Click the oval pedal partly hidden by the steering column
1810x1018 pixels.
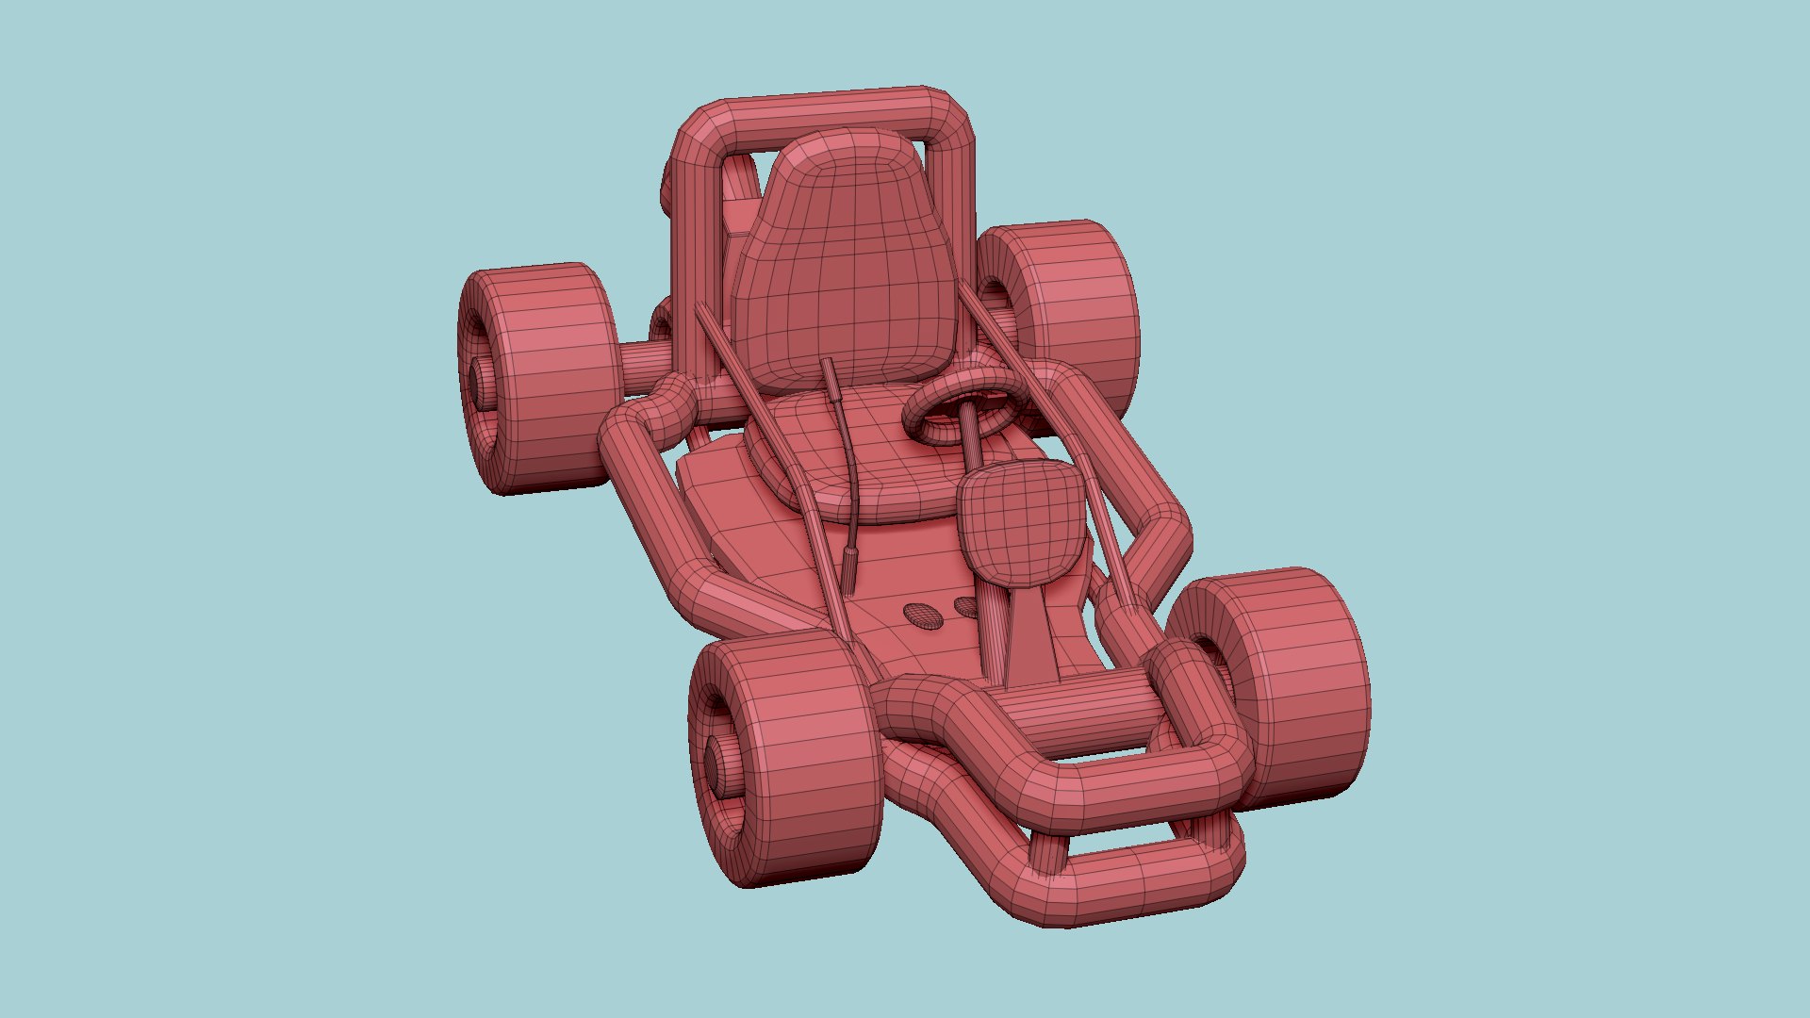click(965, 607)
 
